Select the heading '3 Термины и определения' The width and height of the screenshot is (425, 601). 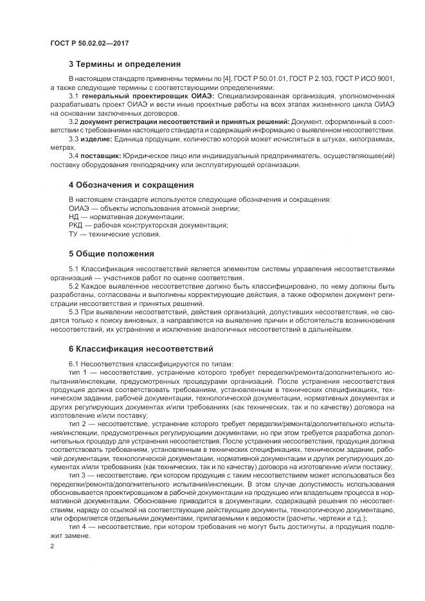point(124,64)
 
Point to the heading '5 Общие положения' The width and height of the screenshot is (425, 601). point(111,253)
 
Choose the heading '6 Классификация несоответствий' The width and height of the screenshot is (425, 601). point(140,350)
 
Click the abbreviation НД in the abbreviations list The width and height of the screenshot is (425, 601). point(73,217)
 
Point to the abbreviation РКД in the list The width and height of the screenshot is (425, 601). point(76,226)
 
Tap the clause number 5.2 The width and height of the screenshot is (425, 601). point(73,286)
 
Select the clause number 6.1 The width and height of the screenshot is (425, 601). point(73,364)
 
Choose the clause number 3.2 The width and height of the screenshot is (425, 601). point(73,121)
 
